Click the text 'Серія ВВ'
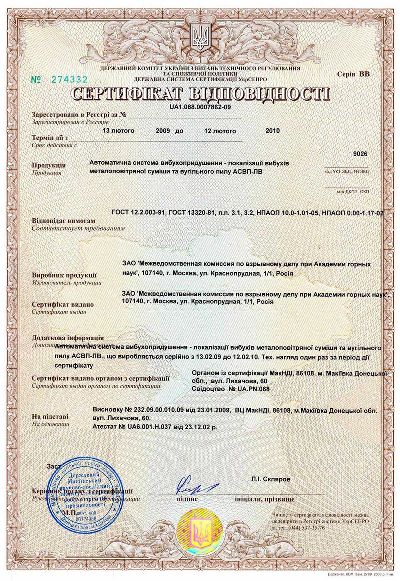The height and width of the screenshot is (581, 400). [x=354, y=74]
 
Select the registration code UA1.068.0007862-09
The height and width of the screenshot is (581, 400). [x=200, y=107]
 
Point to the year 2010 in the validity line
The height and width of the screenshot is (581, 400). [x=273, y=131]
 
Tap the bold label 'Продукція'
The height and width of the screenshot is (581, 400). [x=49, y=165]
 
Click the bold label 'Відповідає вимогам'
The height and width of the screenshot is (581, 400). [x=64, y=221]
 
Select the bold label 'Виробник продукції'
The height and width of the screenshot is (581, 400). [x=64, y=275]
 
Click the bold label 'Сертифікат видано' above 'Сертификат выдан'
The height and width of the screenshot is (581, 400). [x=63, y=304]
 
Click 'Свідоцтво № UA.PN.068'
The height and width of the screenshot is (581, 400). [x=230, y=389]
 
